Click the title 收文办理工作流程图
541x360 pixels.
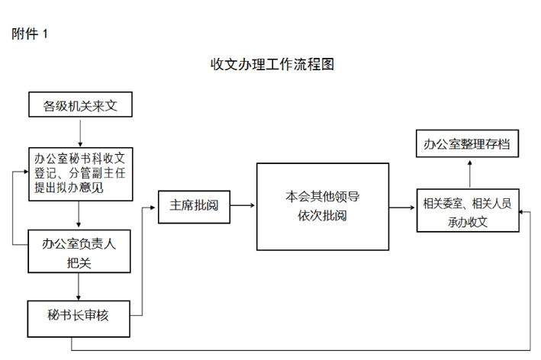coord(272,65)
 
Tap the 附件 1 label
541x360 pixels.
coord(30,34)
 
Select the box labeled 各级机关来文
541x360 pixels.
coord(80,104)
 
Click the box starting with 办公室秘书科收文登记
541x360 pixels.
coord(81,174)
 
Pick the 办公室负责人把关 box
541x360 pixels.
coord(79,252)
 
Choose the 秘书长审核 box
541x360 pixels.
coord(79,319)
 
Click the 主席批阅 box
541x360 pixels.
coord(195,207)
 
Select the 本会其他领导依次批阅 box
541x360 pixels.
coord(323,207)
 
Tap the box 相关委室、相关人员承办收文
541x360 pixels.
coord(468,211)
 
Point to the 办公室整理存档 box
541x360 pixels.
coord(467,143)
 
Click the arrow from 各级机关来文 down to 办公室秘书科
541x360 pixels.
coord(80,133)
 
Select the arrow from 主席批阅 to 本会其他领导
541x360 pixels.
coord(243,205)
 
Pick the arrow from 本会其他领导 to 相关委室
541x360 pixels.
coord(402,207)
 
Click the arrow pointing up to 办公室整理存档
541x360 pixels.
coord(469,174)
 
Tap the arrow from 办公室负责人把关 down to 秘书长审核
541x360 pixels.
coord(79,287)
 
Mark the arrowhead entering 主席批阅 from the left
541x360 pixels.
coord(153,207)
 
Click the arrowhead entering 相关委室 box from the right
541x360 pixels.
coord(522,212)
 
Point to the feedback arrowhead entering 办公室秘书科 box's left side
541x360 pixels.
coord(26,172)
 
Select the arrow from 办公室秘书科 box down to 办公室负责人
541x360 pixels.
coord(79,214)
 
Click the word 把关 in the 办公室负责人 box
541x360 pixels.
coord(79,263)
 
